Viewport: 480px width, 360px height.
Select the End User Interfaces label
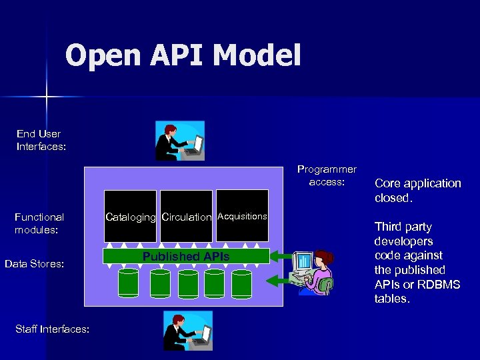tap(41, 140)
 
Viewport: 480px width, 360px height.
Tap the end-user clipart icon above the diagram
tap(179, 141)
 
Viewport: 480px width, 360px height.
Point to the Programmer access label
tap(327, 175)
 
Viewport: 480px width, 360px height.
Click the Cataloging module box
tap(130, 216)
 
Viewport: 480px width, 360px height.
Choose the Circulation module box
tap(187, 216)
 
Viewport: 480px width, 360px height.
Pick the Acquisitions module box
tap(242, 216)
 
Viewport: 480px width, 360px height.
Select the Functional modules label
tap(39, 223)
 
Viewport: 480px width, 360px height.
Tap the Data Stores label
tap(34, 264)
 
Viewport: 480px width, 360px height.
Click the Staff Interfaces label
tap(51, 329)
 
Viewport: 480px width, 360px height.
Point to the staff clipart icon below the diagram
tap(187, 330)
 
